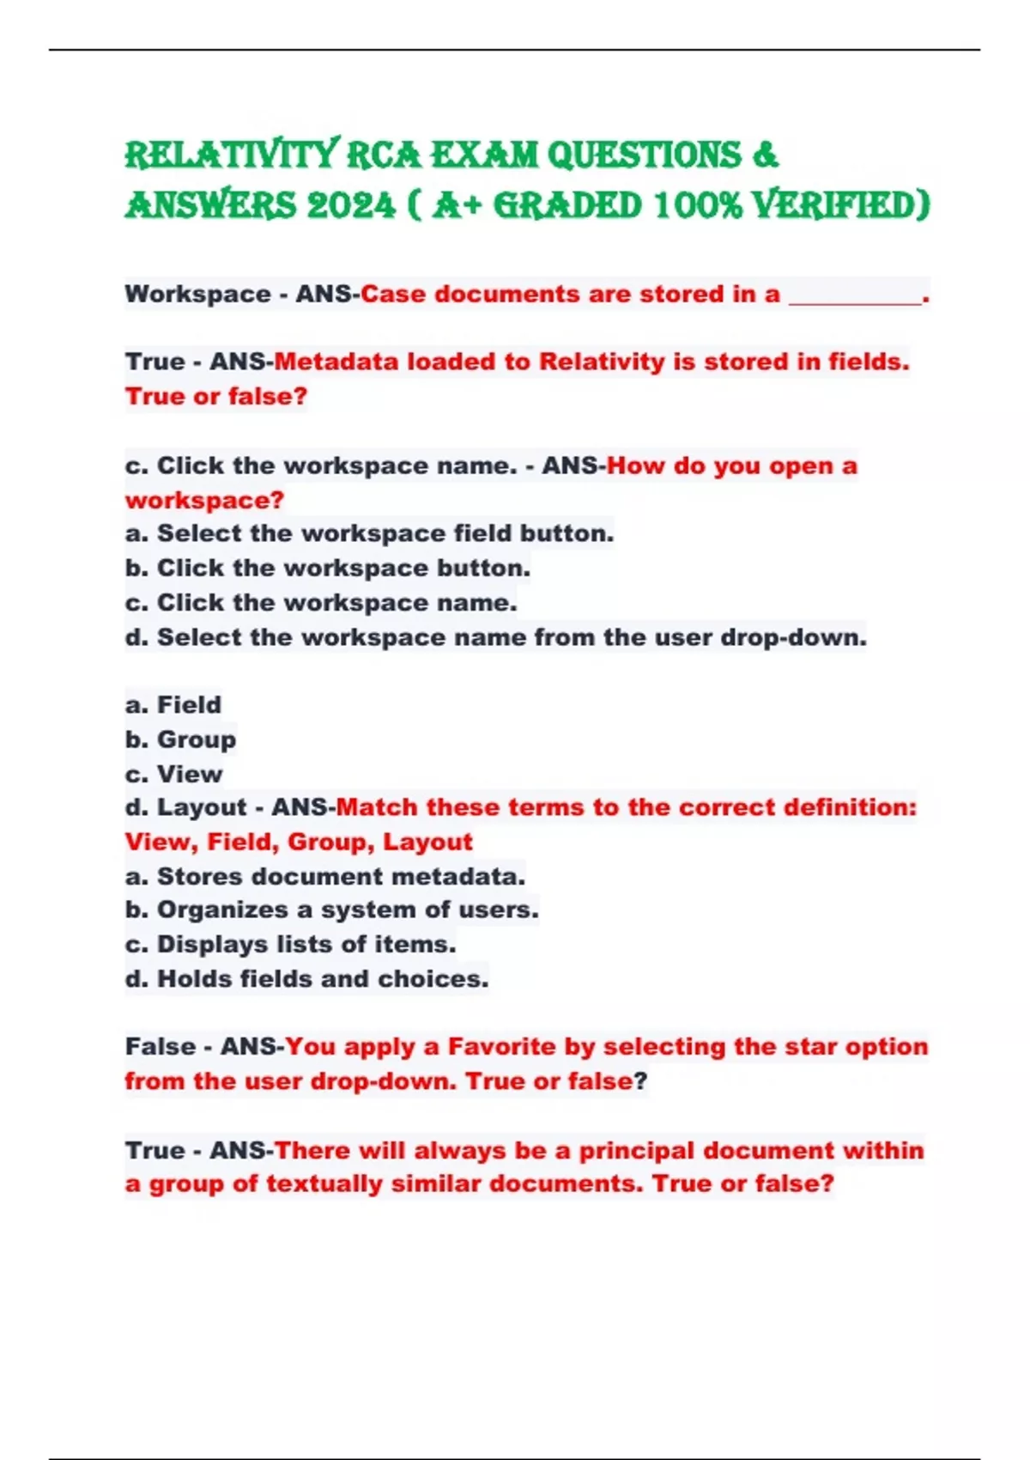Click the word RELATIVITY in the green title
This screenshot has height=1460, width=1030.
pos(232,155)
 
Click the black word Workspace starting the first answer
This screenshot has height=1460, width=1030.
pos(198,295)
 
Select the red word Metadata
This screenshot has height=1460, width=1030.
pos(336,362)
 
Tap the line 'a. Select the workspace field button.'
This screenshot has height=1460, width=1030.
pos(369,533)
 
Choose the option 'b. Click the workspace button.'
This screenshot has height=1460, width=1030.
pos(328,569)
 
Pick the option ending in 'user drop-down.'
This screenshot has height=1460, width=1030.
pos(495,637)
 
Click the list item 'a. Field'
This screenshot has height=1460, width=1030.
pos(173,705)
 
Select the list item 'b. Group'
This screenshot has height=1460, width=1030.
pos(180,739)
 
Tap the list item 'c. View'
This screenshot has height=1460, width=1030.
pos(173,774)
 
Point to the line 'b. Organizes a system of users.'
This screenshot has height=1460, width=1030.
pos(331,909)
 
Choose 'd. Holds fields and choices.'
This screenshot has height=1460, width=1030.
pos(306,979)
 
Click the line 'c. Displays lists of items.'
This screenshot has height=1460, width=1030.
pos(290,945)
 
